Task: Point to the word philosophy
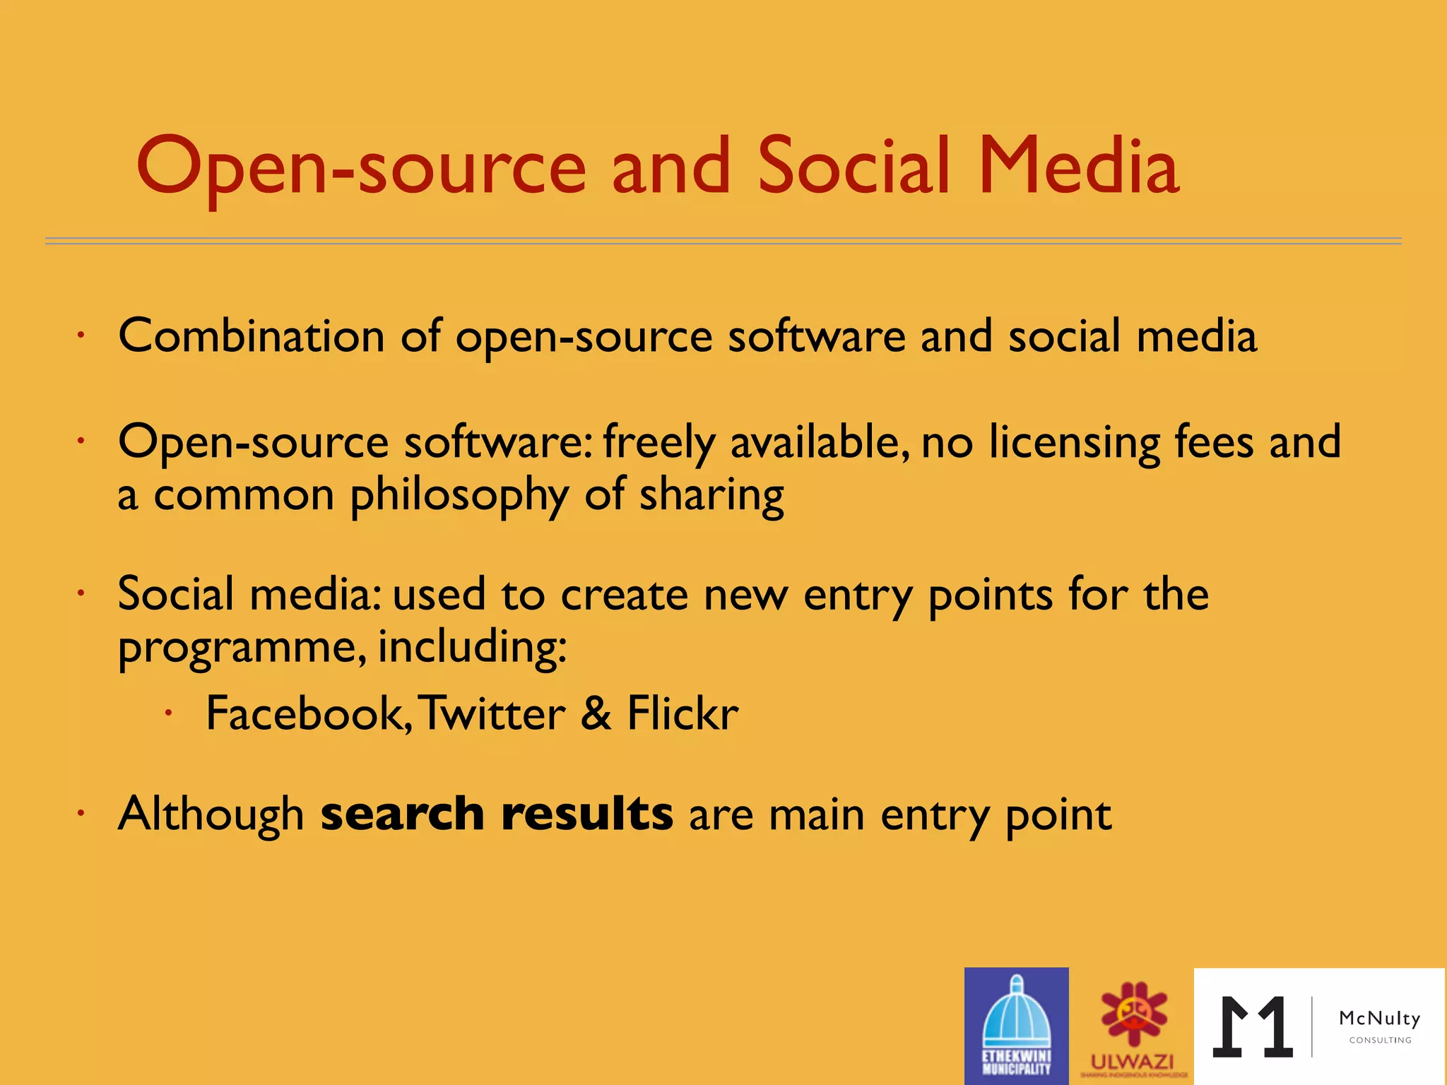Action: pos(459,496)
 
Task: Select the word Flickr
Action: pos(683,713)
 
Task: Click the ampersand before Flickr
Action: pos(596,713)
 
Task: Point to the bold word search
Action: pos(402,814)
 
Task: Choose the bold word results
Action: pos(586,814)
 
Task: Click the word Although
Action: pos(211,814)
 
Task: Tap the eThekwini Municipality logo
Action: pos(1016,1026)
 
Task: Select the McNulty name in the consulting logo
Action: pos(1379,1019)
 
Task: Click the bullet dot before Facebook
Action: pos(168,714)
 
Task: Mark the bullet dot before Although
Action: pos(81,814)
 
